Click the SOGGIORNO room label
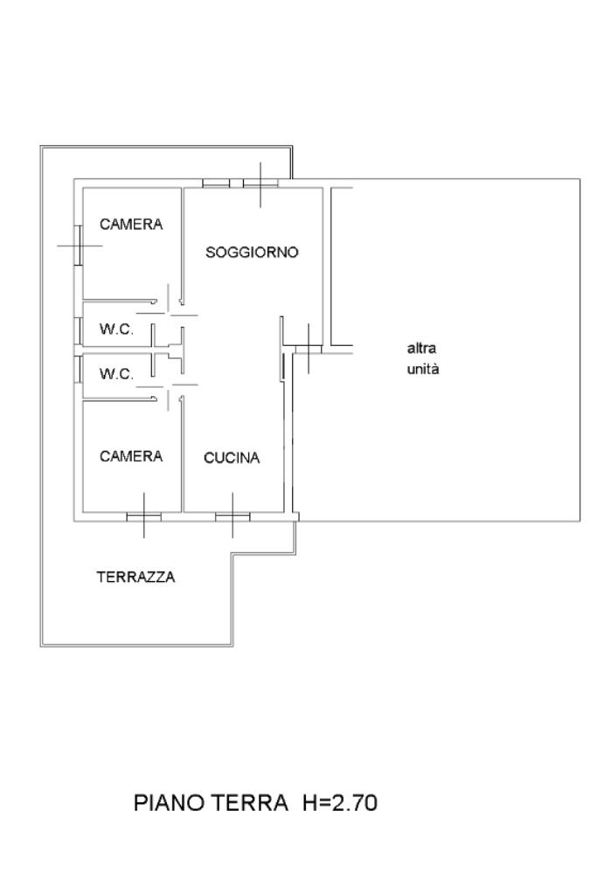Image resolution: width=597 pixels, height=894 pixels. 252,253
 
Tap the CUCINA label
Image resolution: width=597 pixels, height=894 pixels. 232,458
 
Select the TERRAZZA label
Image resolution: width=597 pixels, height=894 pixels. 135,577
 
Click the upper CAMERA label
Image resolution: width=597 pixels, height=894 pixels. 131,225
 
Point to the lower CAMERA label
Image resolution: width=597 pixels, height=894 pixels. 131,456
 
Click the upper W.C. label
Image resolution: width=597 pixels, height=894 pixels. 116,330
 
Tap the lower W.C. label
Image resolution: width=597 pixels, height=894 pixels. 116,374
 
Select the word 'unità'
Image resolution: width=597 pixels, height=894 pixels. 423,369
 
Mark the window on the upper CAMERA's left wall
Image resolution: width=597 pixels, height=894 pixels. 78,246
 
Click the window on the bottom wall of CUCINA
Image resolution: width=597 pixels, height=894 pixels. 233,516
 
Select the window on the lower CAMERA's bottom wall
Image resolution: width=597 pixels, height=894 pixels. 143,516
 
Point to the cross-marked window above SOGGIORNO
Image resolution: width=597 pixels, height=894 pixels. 260,183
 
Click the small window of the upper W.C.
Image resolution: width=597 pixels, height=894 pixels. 79,330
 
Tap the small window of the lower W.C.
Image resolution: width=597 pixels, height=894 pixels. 79,368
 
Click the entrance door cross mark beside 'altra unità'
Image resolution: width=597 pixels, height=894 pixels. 308,348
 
